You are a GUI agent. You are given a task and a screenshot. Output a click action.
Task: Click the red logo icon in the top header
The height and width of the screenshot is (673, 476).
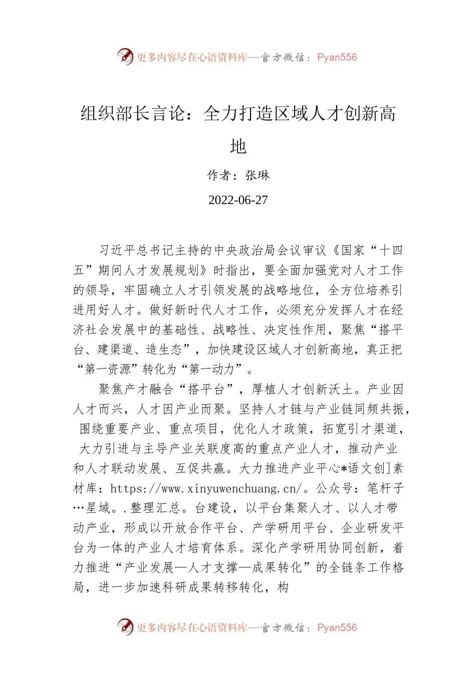[125, 57]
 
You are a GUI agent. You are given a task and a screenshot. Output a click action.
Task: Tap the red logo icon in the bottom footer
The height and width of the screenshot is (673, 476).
[125, 627]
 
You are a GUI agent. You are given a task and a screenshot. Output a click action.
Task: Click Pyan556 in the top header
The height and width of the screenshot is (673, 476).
[337, 57]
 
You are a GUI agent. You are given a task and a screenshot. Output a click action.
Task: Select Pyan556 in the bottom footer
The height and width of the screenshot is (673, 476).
[337, 627]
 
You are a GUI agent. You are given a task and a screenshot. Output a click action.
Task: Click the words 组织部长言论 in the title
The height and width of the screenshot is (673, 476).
[133, 114]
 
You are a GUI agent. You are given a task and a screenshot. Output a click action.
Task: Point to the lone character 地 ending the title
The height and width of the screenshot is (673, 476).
[238, 146]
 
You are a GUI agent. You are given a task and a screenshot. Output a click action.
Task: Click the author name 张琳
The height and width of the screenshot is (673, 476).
[258, 175]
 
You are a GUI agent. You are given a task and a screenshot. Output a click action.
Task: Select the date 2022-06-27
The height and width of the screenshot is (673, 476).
[238, 200]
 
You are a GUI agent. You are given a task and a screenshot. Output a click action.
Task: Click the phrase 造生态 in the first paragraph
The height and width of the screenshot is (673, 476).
[164, 350]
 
